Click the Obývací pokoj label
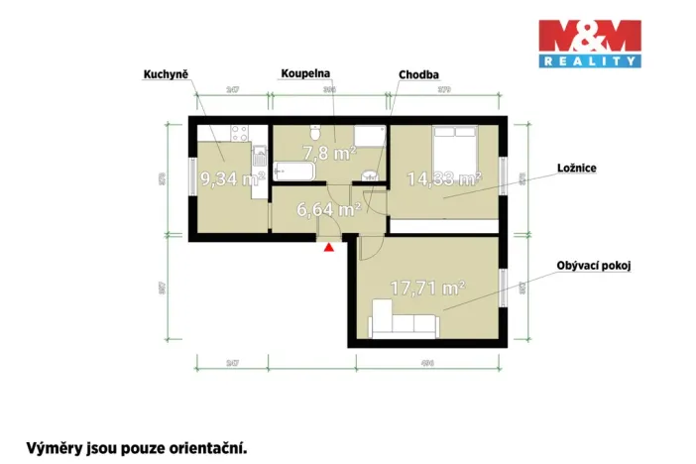(x=592, y=266)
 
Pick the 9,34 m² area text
(x=231, y=179)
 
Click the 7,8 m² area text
(x=330, y=153)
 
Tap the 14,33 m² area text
(x=444, y=179)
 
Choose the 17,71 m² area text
(x=427, y=289)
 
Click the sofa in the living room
(x=405, y=320)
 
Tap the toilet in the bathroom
(x=313, y=133)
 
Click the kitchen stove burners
(x=239, y=133)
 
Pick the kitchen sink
(x=260, y=155)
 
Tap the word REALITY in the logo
(x=589, y=61)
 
